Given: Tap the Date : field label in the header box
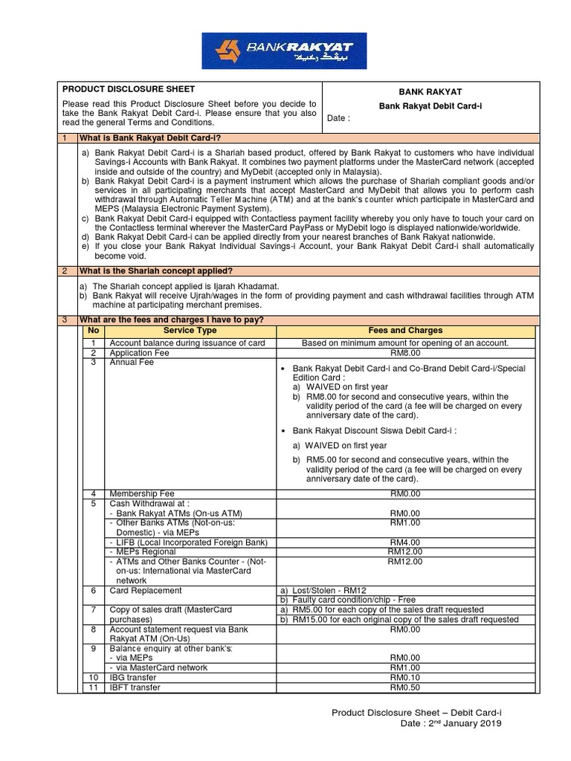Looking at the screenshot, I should click(338, 118).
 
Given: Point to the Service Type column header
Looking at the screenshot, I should click(190, 330).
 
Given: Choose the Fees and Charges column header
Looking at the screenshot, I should click(405, 330).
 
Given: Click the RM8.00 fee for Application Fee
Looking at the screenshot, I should click(404, 353).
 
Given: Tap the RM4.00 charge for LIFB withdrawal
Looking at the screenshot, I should click(404, 542).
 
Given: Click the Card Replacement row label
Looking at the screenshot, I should click(146, 590).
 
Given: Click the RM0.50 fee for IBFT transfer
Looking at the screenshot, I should click(404, 687).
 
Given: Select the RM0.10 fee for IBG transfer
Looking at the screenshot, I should click(404, 678).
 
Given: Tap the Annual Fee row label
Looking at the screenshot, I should click(132, 363).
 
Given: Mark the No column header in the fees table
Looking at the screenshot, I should click(93, 330).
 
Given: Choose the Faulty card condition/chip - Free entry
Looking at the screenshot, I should click(346, 600).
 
